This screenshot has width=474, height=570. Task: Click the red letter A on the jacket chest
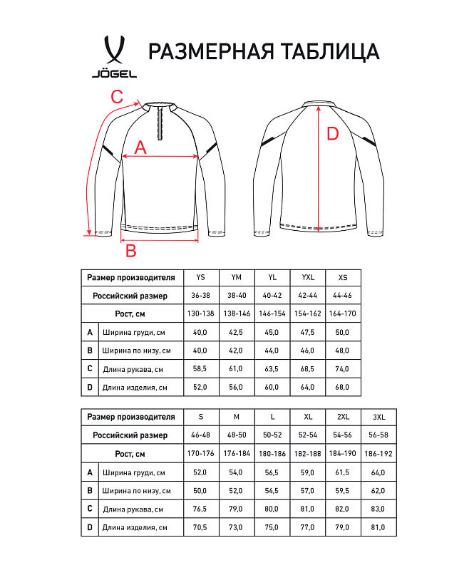pyautogui.click(x=140, y=147)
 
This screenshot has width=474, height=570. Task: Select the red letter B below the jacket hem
pyautogui.click(x=130, y=251)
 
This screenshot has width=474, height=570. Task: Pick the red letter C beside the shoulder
pyautogui.click(x=118, y=96)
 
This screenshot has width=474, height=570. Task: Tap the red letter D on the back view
pyautogui.click(x=332, y=134)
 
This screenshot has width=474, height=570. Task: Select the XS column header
pyautogui.click(x=343, y=277)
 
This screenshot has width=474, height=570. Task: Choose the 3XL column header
pyautogui.click(x=378, y=417)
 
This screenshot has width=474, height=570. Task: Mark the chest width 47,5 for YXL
pyautogui.click(x=308, y=332)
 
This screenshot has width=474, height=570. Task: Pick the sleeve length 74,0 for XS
pyautogui.click(x=343, y=369)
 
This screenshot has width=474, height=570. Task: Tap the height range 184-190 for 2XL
pyautogui.click(x=343, y=453)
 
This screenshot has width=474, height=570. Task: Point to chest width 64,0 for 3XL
pyautogui.click(x=378, y=472)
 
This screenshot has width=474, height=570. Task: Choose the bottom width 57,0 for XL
pyautogui.click(x=308, y=490)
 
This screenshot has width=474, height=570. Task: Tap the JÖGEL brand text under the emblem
pyautogui.click(x=115, y=73)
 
